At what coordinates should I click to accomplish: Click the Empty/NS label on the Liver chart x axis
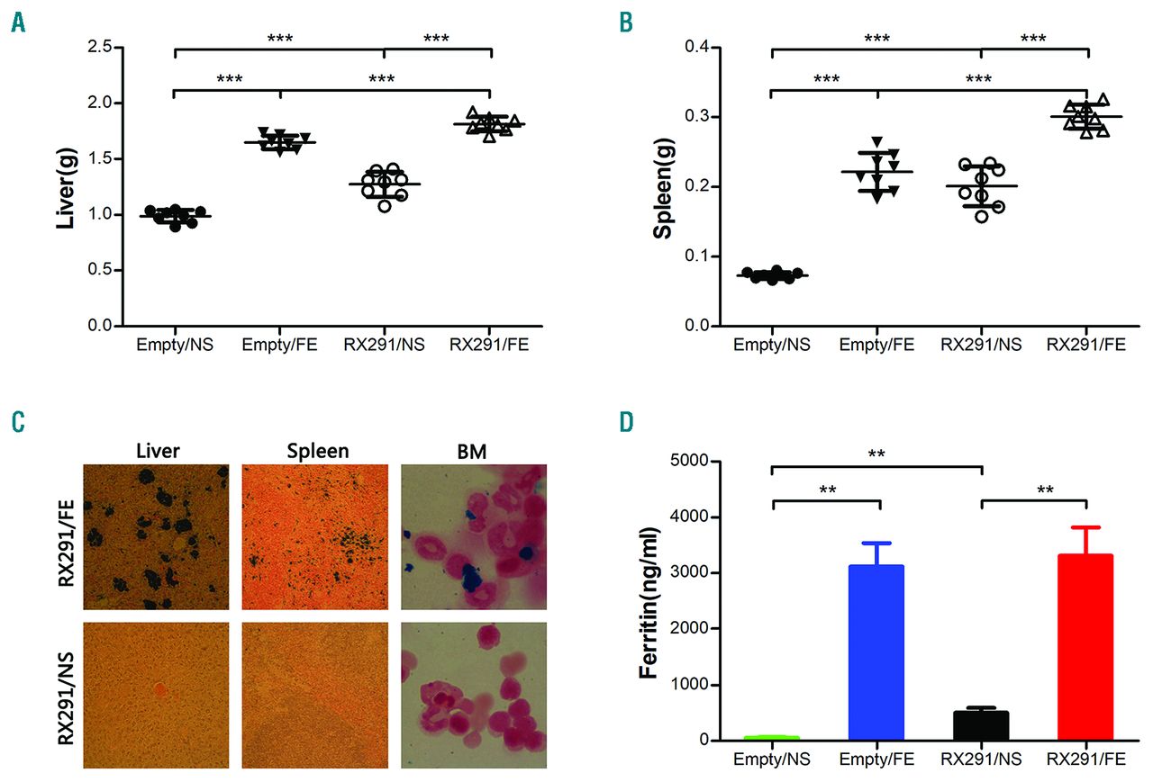coord(175,345)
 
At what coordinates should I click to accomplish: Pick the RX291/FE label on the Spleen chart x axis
coord(1087,345)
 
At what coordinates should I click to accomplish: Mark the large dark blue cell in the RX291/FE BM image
coord(471,579)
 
